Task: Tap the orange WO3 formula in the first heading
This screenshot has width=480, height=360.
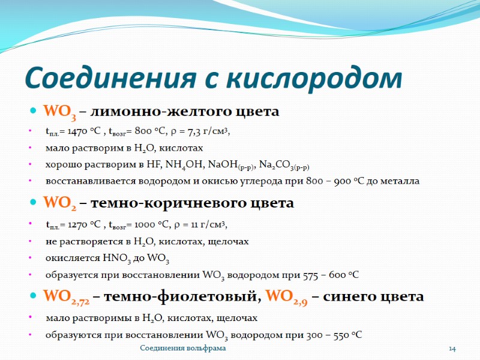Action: coord(59,112)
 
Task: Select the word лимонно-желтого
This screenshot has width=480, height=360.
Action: coord(143,112)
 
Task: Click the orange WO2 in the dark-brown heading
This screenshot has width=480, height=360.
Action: coord(59,204)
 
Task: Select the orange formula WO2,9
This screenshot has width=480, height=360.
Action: coord(287,297)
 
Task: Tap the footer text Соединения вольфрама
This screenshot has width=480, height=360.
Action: coord(183,349)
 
